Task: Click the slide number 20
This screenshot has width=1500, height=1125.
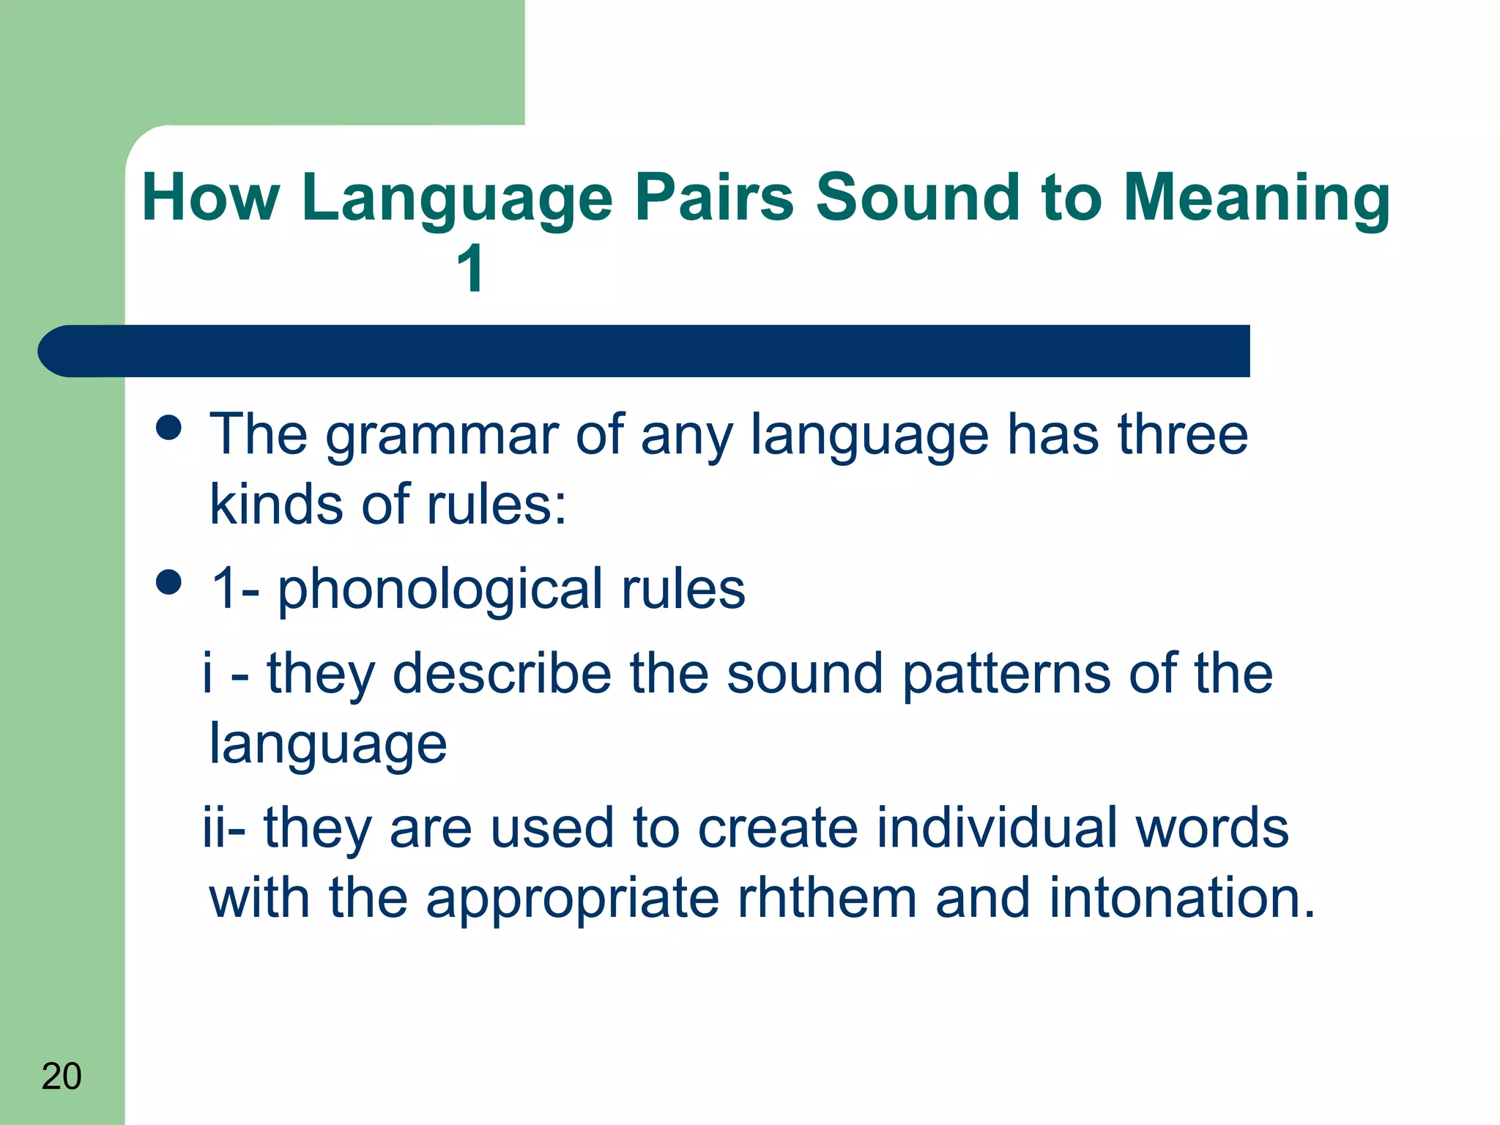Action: coord(62,1076)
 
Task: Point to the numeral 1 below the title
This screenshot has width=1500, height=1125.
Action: coord(469,269)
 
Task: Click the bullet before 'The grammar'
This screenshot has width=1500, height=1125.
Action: coord(169,428)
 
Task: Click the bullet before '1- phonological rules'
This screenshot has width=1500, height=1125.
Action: coord(169,583)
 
